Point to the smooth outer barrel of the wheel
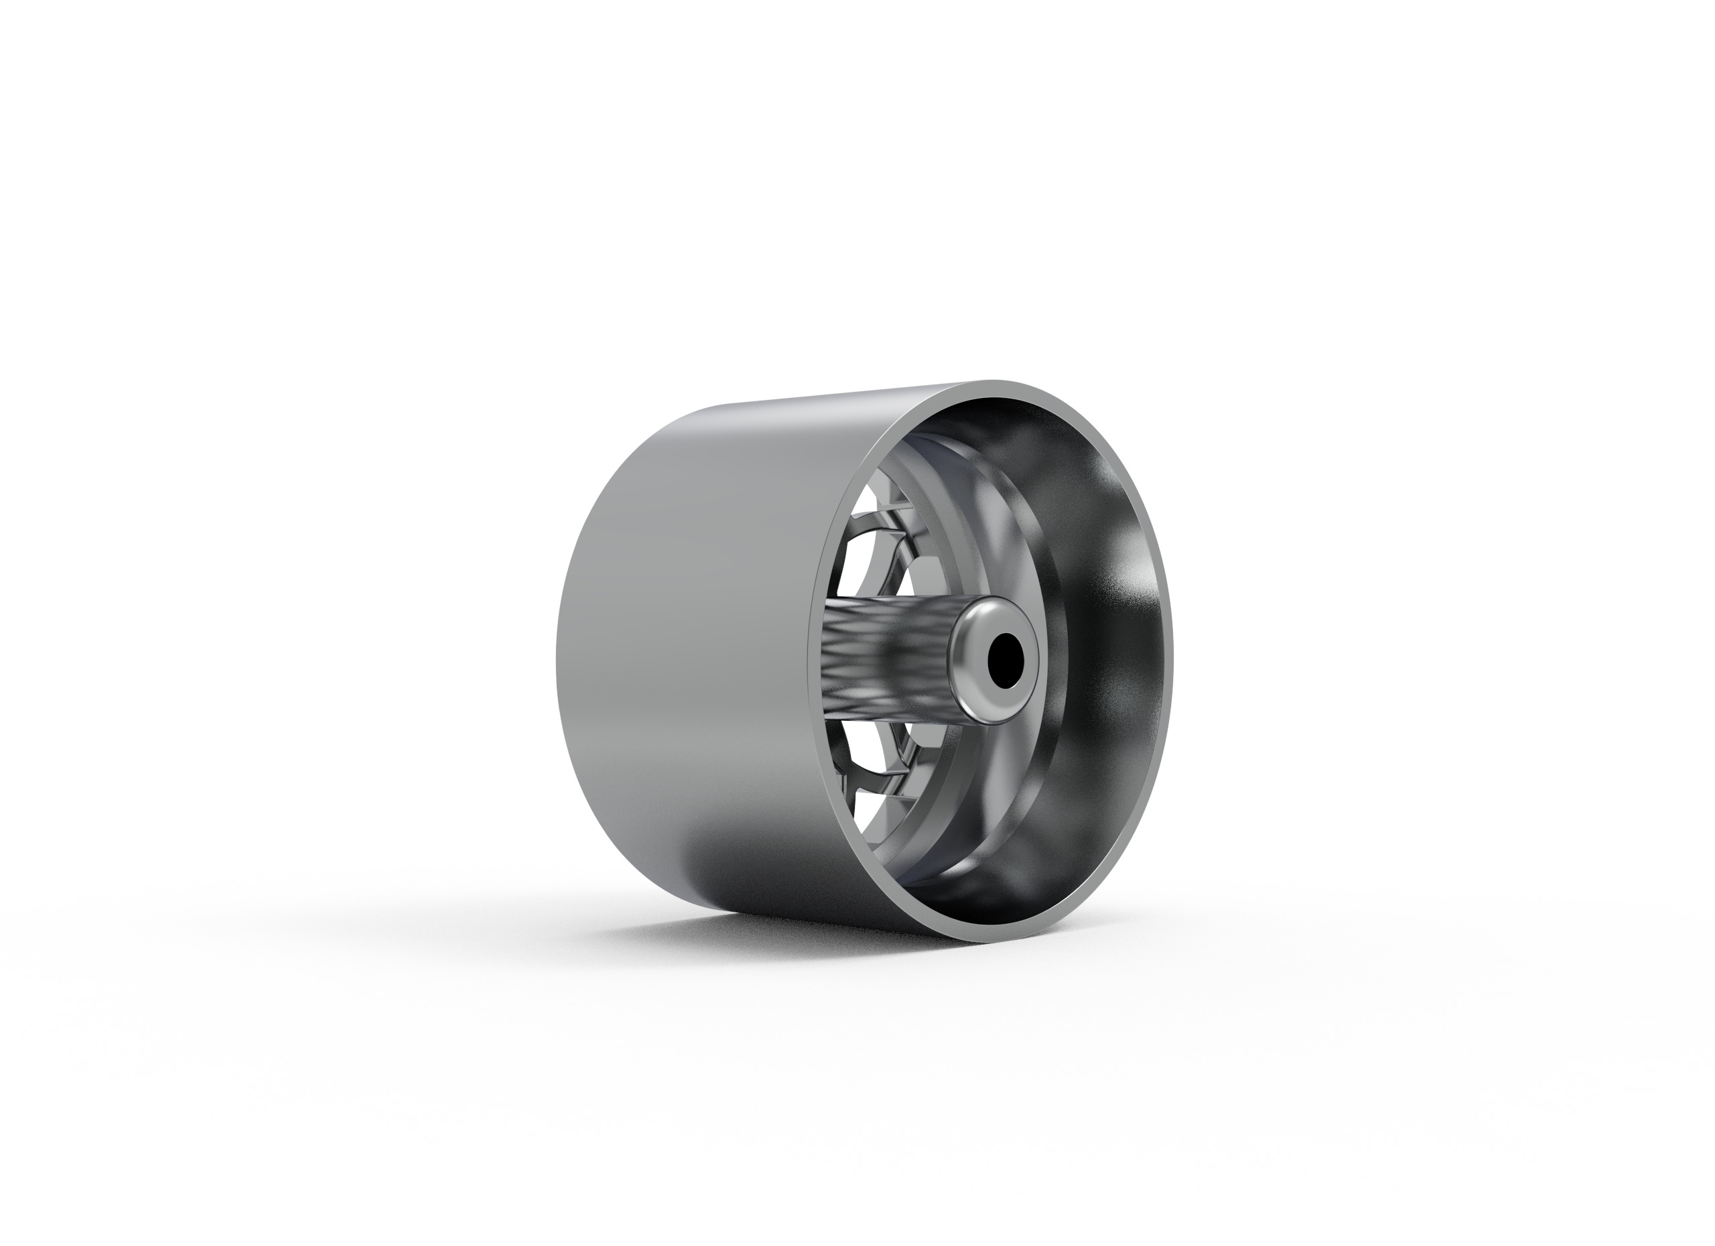[x=681, y=642]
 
